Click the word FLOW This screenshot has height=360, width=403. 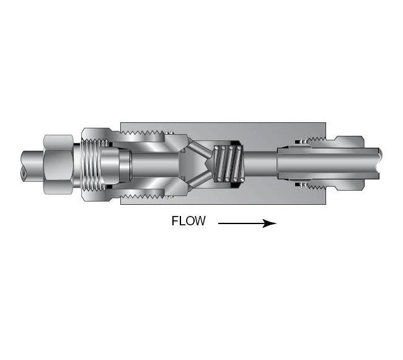coord(188,222)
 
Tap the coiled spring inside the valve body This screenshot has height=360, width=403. coord(226,164)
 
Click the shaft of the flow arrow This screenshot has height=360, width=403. coord(239,222)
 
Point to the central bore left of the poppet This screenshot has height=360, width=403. coord(155,163)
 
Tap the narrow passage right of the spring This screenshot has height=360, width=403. coord(260,163)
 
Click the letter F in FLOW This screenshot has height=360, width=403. coord(175,222)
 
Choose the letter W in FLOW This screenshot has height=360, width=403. coord(200,222)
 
